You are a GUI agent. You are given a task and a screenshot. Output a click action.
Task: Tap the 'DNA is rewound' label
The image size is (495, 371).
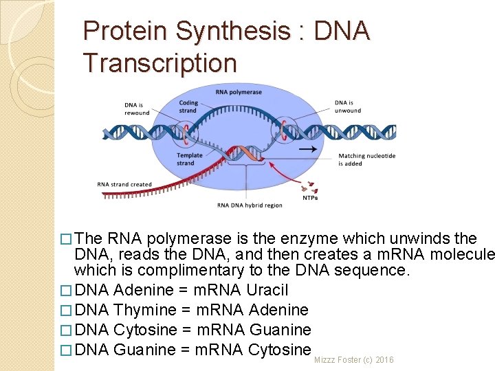coord(137,109)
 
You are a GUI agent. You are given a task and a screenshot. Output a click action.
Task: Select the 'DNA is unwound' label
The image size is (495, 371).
coord(347,106)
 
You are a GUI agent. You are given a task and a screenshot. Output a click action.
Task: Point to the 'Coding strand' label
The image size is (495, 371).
coord(188,106)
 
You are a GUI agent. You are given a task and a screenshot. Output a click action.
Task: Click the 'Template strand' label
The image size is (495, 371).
coord(190,159)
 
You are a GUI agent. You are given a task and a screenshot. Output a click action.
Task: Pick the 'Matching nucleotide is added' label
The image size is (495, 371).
coord(366,160)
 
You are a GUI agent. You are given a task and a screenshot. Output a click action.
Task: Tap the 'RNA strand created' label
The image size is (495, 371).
coord(124,184)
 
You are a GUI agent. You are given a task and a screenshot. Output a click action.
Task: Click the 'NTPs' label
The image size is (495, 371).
coord(310,198)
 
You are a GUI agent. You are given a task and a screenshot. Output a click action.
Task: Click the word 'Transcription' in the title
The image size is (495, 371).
coord(159,63)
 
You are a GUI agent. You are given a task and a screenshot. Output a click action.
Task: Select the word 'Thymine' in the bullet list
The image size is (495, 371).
coord(144,311)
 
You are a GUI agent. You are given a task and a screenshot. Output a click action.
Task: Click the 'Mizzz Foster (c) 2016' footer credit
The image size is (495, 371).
coord(353,360)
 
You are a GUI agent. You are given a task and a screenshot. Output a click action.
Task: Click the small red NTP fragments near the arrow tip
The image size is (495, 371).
coord(311,186)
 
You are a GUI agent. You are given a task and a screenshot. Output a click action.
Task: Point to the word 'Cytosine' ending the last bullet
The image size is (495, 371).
coord(279,350)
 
